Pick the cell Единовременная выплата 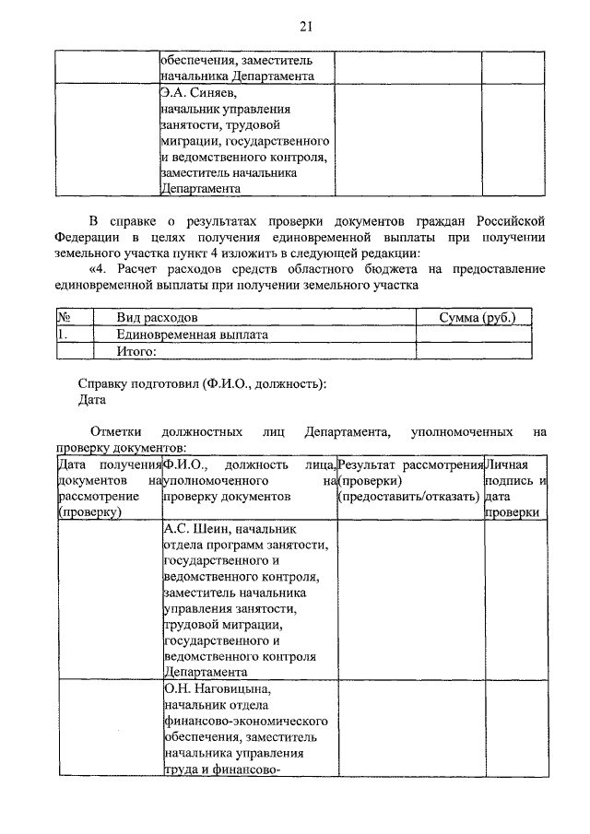pyautogui.click(x=192, y=335)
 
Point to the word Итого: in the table pyautogui.click(x=136, y=351)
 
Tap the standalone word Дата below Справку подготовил pyautogui.click(x=92, y=400)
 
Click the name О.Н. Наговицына pyautogui.click(x=217, y=688)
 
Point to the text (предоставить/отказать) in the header pyautogui.click(x=408, y=497)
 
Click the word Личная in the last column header pyautogui.click(x=504, y=464)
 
